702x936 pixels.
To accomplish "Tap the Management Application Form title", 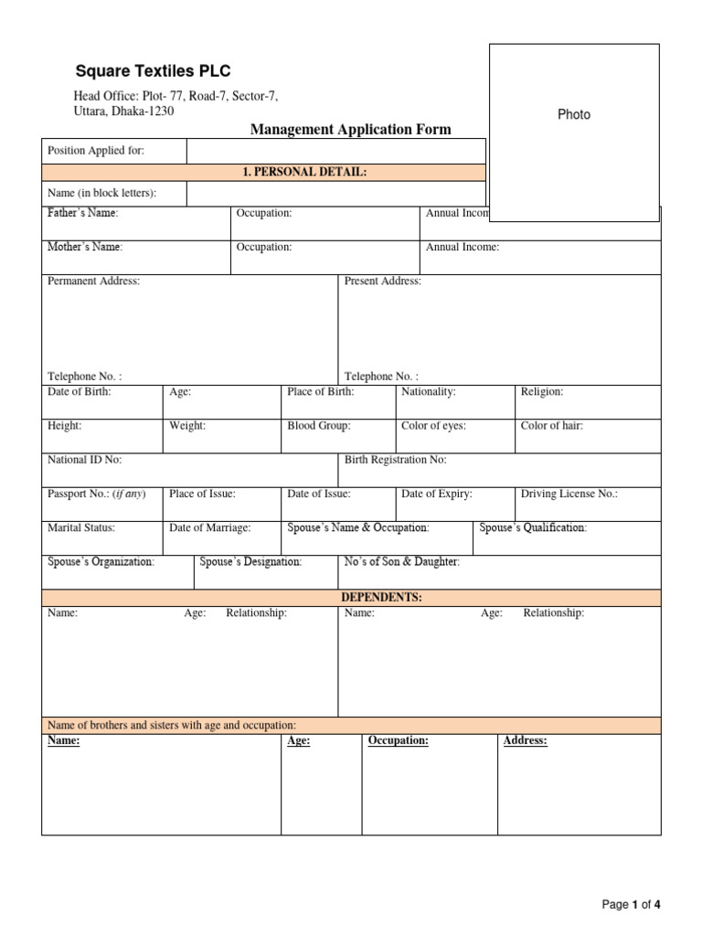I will pyautogui.click(x=350, y=130).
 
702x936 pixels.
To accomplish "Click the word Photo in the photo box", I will pyautogui.click(x=574, y=114).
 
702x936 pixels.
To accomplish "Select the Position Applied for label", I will pyautogui.click(x=96, y=151).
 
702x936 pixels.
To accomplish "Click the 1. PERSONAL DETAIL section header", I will pyautogui.click(x=304, y=172).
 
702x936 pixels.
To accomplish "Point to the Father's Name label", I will pyautogui.click(x=83, y=213).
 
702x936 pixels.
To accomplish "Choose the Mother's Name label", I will pyautogui.click(x=85, y=247).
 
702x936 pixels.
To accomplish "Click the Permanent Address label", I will pyautogui.click(x=93, y=282).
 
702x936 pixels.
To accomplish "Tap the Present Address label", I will pyautogui.click(x=382, y=282).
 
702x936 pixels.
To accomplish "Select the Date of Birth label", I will pyautogui.click(x=79, y=391).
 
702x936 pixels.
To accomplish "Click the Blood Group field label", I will pyautogui.click(x=318, y=426).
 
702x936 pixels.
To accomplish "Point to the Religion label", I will pyautogui.click(x=542, y=391).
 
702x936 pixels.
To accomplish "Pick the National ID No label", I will pyautogui.click(x=84, y=460).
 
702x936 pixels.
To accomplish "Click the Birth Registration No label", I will pyautogui.click(x=395, y=460).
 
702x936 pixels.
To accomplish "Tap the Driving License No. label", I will pyautogui.click(x=569, y=494).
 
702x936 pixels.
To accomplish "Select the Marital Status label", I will pyautogui.click(x=81, y=527).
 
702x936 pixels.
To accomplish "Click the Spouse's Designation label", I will pyautogui.click(x=250, y=561).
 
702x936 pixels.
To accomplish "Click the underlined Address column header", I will pyautogui.click(x=525, y=740).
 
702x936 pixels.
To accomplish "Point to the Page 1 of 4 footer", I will pyautogui.click(x=631, y=905).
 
